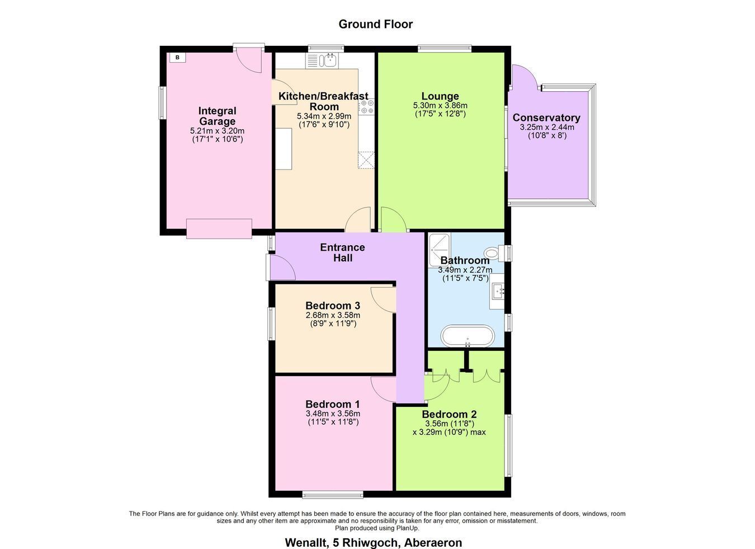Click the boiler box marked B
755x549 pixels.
click(x=178, y=58)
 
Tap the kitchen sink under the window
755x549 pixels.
click(x=322, y=60)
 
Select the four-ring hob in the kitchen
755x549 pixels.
click(x=366, y=106)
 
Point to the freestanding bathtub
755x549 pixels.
click(x=468, y=336)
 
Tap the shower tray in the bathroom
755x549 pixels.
click(x=440, y=250)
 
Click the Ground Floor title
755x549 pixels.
click(x=375, y=24)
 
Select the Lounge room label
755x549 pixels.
click(x=440, y=96)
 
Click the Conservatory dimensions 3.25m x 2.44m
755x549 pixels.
click(x=547, y=128)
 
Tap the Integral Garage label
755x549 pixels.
click(x=218, y=116)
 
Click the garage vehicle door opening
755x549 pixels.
click(x=219, y=229)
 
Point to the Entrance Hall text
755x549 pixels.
click(x=342, y=252)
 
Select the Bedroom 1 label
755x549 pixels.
click(x=333, y=404)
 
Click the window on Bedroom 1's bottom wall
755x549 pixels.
click(x=333, y=494)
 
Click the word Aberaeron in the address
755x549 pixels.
click(x=433, y=543)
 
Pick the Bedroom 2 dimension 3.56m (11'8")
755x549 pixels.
click(x=450, y=424)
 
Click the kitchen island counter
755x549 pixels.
click(x=284, y=149)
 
